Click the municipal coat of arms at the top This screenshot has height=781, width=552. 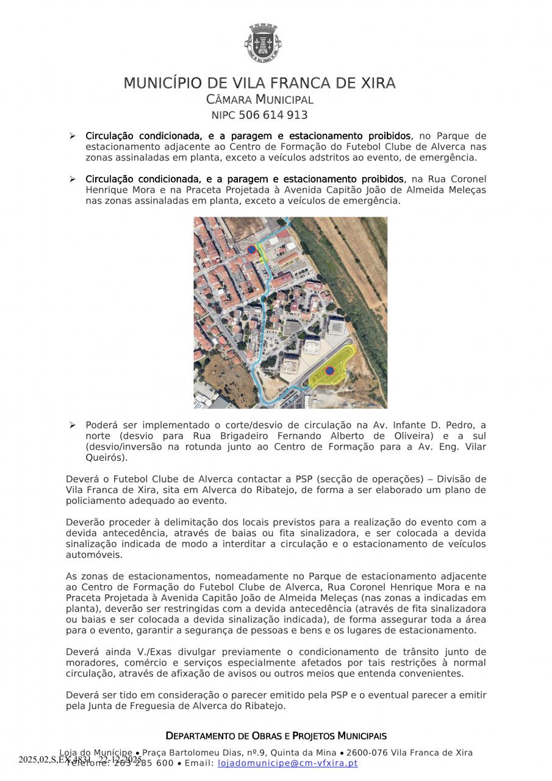pos(262,43)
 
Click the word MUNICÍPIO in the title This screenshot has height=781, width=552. pos(163,83)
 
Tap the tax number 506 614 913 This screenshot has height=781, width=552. pos(273,115)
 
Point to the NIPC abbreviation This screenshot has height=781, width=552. pos(223,115)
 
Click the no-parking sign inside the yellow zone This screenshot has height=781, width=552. pos(330,370)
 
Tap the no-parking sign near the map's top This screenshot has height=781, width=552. pos(251,249)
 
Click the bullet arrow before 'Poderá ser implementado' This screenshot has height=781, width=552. pos(72,425)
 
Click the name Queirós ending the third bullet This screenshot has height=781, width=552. pos(105,457)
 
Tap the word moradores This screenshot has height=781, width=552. pos(90,663)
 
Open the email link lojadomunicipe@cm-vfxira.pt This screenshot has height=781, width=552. pos(288,763)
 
